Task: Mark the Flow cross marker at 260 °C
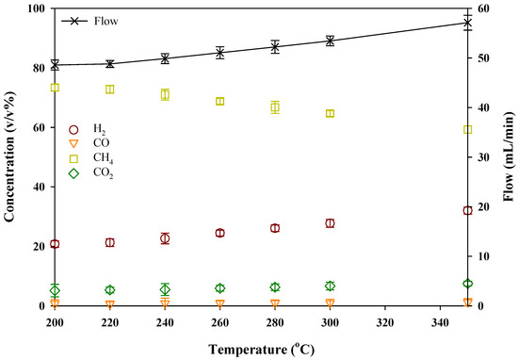pyautogui.click(x=220, y=53)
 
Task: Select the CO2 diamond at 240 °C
pyautogui.click(x=165, y=289)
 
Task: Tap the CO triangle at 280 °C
pyautogui.click(x=275, y=304)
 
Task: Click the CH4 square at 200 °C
pyautogui.click(x=55, y=88)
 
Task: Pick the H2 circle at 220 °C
pyautogui.click(x=110, y=242)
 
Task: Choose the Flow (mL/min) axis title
pyautogui.click(x=509, y=157)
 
